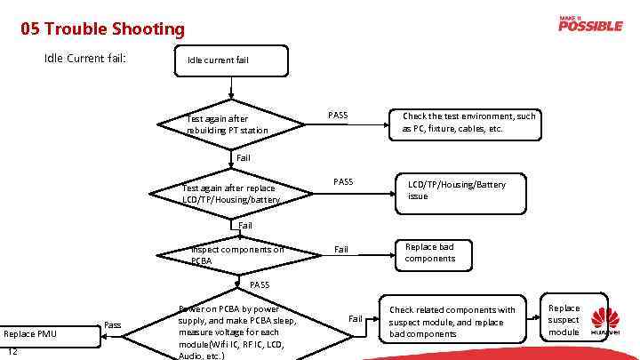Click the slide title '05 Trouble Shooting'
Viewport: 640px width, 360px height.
[103, 29]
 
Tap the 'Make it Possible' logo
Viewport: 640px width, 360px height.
[590, 24]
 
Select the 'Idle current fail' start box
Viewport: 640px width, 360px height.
[232, 60]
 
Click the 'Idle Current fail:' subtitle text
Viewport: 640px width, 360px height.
[85, 59]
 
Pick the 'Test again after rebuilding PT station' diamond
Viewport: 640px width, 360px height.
[234, 124]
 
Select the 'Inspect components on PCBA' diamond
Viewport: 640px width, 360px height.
[237, 255]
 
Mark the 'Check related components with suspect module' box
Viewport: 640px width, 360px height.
[452, 322]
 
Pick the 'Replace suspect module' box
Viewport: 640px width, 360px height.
[564, 320]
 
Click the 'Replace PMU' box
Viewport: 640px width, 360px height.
[31, 333]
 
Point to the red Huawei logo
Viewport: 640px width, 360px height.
[605, 323]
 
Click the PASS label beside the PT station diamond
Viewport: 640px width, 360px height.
[338, 115]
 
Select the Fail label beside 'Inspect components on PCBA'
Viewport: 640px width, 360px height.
[340, 250]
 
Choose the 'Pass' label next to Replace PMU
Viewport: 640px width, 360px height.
[113, 325]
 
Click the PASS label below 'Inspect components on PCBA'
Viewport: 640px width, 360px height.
[259, 284]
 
